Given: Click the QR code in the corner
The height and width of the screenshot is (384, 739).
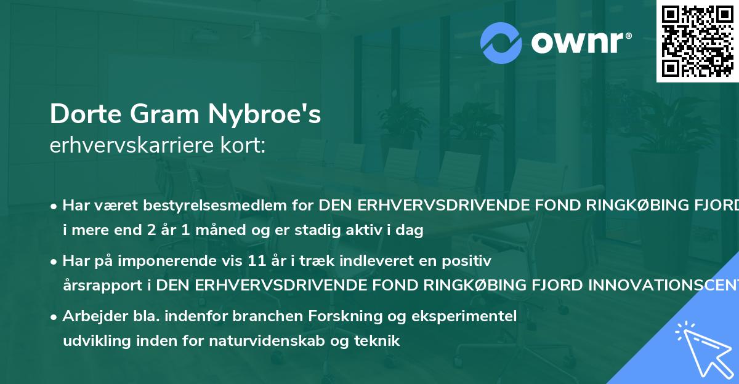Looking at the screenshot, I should [x=697, y=41].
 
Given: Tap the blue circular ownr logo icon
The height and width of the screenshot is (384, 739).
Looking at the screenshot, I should [x=501, y=43].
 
